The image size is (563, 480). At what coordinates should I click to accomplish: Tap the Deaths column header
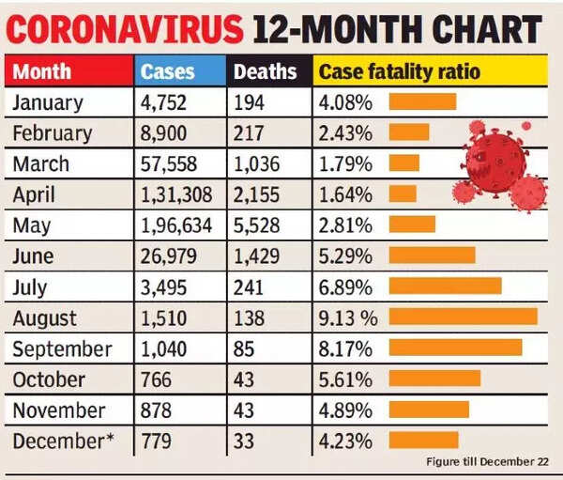(265, 71)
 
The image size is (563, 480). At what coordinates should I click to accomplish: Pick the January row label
(48, 102)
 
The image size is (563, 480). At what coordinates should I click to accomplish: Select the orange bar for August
(463, 317)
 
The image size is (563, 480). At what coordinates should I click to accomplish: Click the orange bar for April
(403, 194)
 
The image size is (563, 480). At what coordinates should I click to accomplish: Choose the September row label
(62, 348)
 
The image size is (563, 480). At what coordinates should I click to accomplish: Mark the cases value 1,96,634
(179, 225)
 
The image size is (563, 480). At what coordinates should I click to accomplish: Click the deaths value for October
(245, 379)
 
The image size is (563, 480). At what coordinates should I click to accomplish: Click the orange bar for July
(445, 286)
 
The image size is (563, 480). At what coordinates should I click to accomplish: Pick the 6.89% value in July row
(346, 286)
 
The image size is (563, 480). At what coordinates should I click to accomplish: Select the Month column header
(42, 71)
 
